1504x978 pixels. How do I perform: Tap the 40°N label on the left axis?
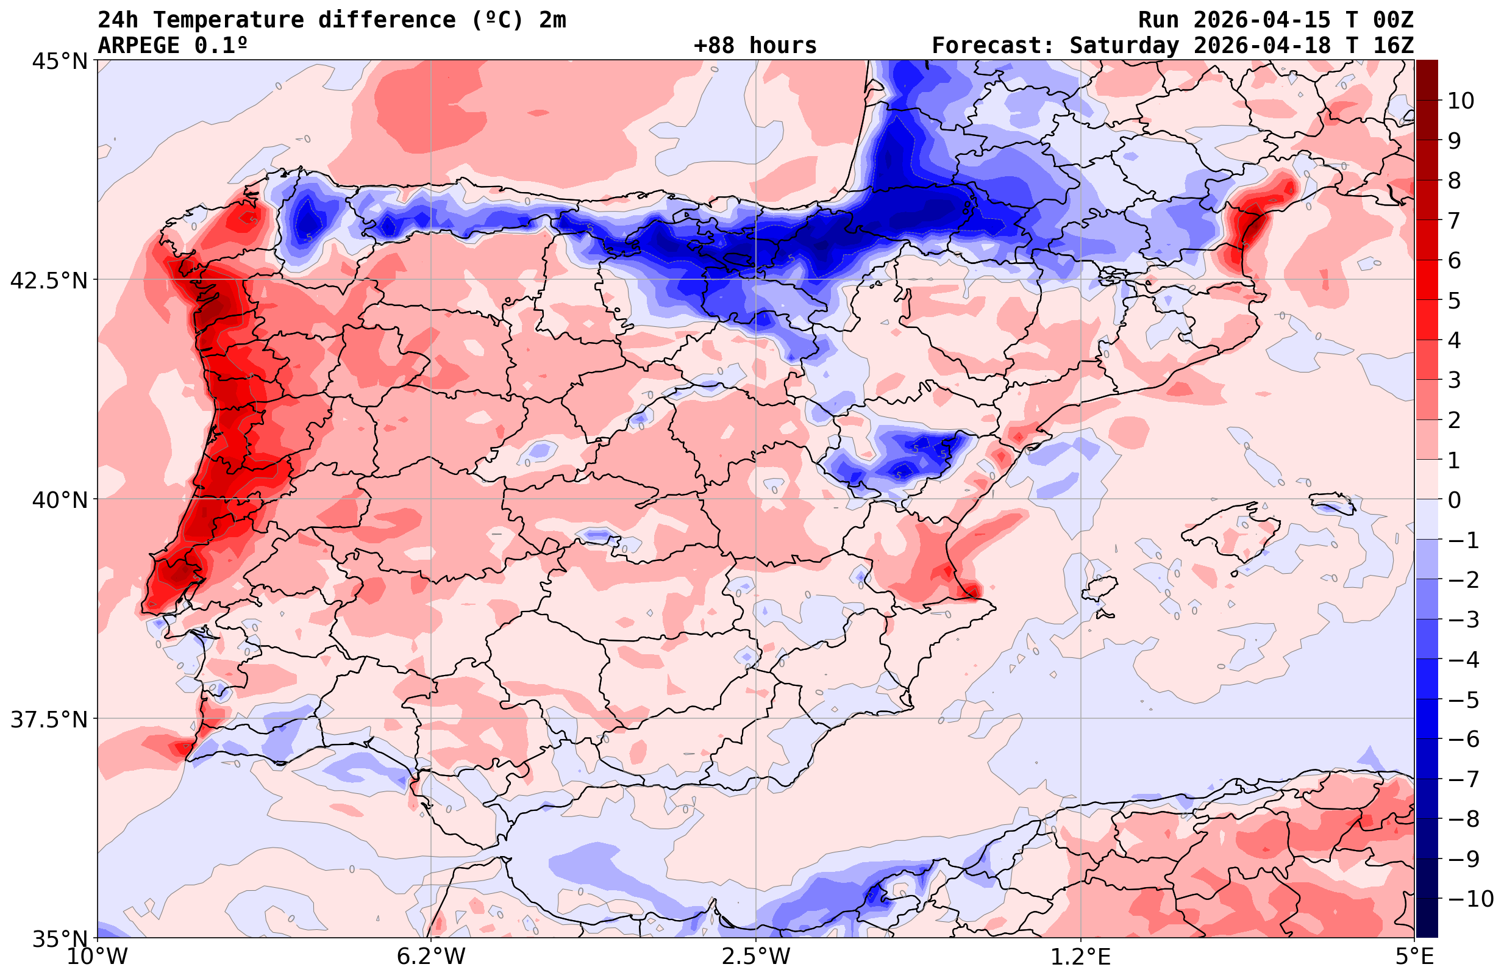point(59,500)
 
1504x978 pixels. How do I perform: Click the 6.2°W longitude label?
point(431,957)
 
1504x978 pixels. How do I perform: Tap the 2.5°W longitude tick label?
point(756,957)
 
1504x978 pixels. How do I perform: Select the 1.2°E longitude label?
point(1081,957)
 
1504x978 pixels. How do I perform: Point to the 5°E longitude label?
point(1414,957)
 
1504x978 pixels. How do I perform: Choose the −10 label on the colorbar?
point(1470,898)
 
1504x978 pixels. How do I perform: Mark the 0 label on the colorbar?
point(1454,500)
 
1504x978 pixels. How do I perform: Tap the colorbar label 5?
point(1454,301)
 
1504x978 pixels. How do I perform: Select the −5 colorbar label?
point(1464,700)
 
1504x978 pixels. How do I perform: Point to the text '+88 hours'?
point(755,46)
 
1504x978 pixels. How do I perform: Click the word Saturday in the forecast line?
point(1124,46)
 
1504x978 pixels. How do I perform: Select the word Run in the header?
point(1158,20)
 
